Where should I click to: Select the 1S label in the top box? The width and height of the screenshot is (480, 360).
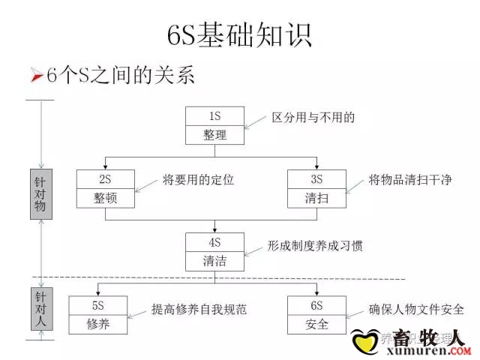[214, 116]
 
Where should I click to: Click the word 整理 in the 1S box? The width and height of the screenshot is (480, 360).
[214, 136]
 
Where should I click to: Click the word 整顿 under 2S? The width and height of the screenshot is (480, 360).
[105, 198]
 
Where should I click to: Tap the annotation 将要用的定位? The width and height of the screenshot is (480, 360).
[198, 180]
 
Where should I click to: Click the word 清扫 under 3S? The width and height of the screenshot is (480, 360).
[316, 198]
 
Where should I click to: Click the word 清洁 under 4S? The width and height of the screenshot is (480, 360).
[214, 261]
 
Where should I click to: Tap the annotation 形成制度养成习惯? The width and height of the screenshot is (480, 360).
[315, 245]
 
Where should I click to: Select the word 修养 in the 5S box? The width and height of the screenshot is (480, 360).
[98, 325]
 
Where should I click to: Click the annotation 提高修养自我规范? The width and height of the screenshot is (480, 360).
[199, 308]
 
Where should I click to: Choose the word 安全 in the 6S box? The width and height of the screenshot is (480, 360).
[317, 325]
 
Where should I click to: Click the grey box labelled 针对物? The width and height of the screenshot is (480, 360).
[41, 194]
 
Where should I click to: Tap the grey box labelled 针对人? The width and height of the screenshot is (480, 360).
[40, 308]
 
